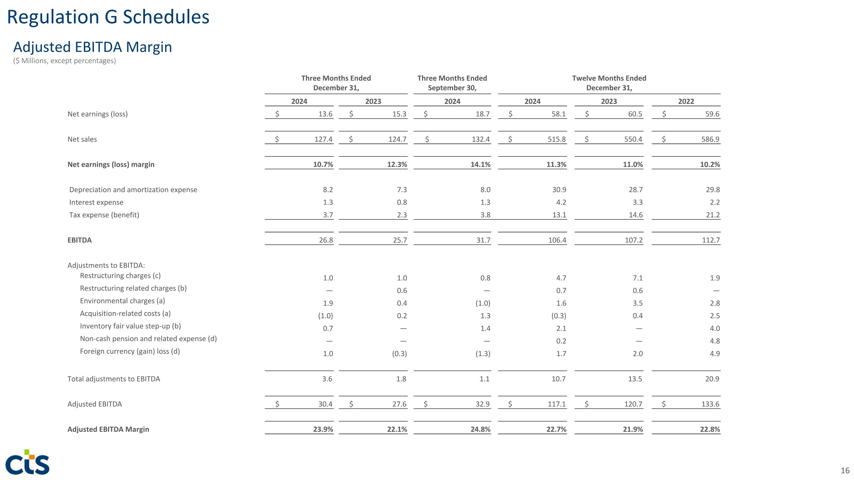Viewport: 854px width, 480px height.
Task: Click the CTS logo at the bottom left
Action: pyautogui.click(x=28, y=462)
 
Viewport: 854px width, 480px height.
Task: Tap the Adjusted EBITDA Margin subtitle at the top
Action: pyautogui.click(x=93, y=47)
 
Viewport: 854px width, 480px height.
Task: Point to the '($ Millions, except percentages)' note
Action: pyautogui.click(x=65, y=61)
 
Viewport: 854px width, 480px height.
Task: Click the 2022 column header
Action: pyautogui.click(x=686, y=101)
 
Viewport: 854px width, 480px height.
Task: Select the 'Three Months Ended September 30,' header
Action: pyautogui.click(x=452, y=83)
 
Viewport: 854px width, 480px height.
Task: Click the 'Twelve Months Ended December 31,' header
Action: pyautogui.click(x=609, y=83)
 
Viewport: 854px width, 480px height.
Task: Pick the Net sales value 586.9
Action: pyautogui.click(x=710, y=139)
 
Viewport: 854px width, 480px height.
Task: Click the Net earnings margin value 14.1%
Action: pyautogui.click(x=481, y=164)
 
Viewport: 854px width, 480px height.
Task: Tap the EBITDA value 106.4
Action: pyautogui.click(x=557, y=240)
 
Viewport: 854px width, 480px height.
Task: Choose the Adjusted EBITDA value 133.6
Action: pyautogui.click(x=710, y=404)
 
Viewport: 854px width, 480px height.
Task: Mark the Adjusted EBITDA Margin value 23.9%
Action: pyautogui.click(x=323, y=429)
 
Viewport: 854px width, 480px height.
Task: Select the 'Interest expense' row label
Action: pyautogui.click(x=96, y=202)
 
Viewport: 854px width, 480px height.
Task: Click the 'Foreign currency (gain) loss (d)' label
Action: pyautogui.click(x=130, y=351)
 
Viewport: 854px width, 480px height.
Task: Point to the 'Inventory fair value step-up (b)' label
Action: pyautogui.click(x=130, y=326)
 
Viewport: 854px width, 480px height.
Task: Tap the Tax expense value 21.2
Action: pyautogui.click(x=713, y=215)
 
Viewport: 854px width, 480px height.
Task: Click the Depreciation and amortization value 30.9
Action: pyautogui.click(x=559, y=190)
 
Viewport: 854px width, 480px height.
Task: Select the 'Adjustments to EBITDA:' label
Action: pyautogui.click(x=106, y=265)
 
